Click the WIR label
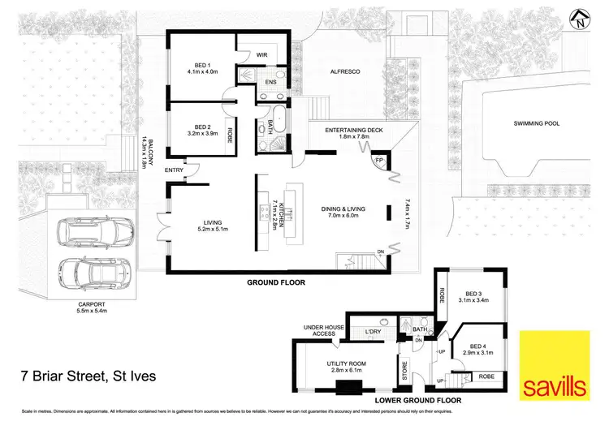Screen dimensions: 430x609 [262, 56]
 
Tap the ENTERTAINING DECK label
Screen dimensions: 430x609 [348, 134]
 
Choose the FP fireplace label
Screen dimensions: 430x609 [379, 161]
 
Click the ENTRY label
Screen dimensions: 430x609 [173, 170]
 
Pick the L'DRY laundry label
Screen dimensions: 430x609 [373, 333]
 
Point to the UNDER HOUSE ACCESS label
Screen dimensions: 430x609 [319, 330]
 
